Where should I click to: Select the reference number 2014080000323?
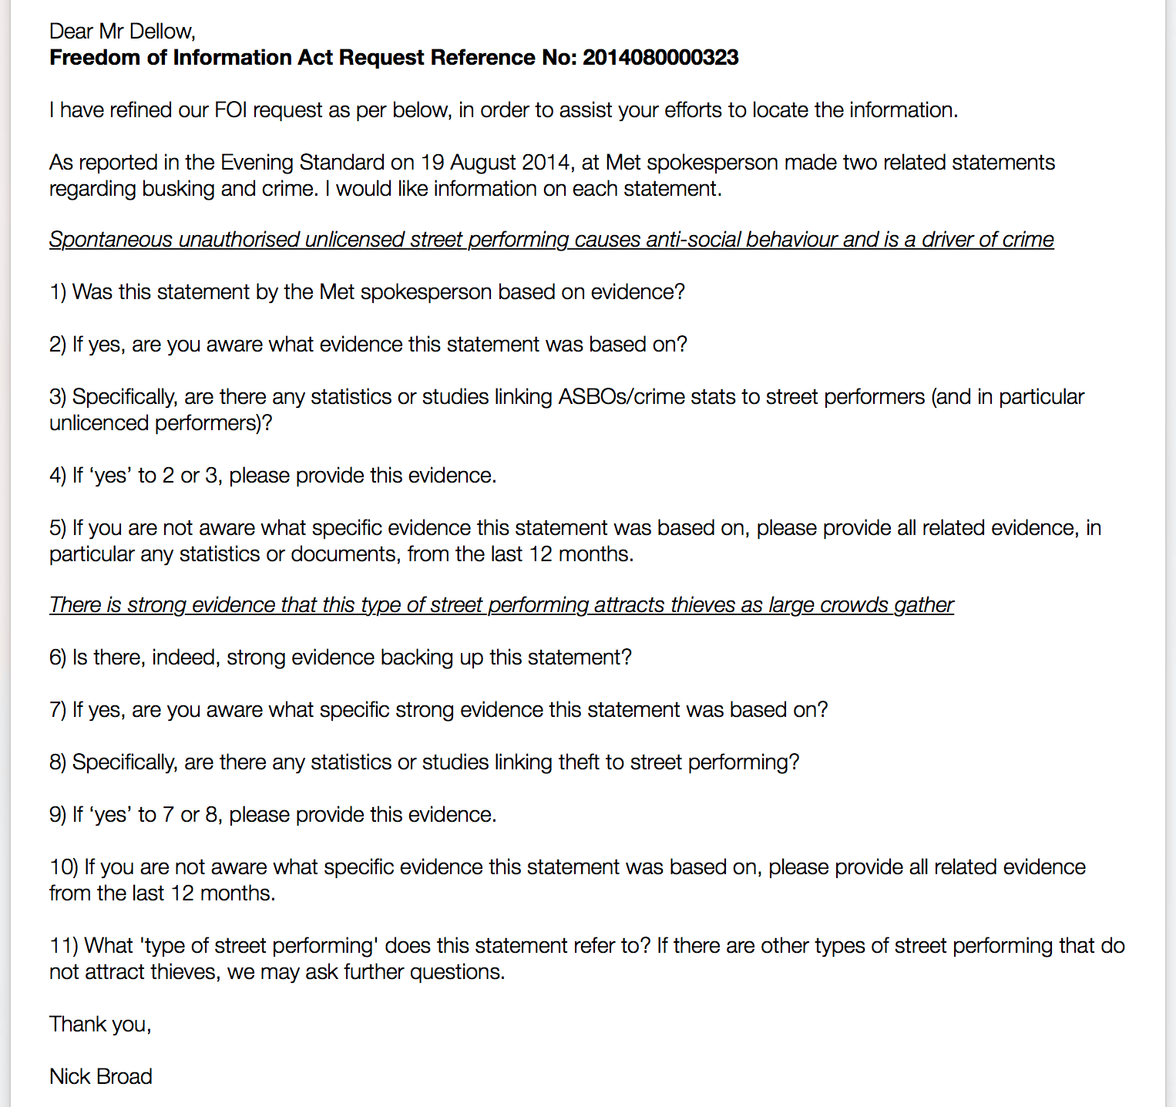point(660,58)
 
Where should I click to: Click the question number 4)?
point(58,476)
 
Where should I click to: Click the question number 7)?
point(58,710)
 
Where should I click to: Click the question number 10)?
point(64,867)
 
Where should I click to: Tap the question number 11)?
point(64,946)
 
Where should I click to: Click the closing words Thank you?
point(99,1025)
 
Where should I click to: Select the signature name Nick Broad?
point(101,1077)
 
